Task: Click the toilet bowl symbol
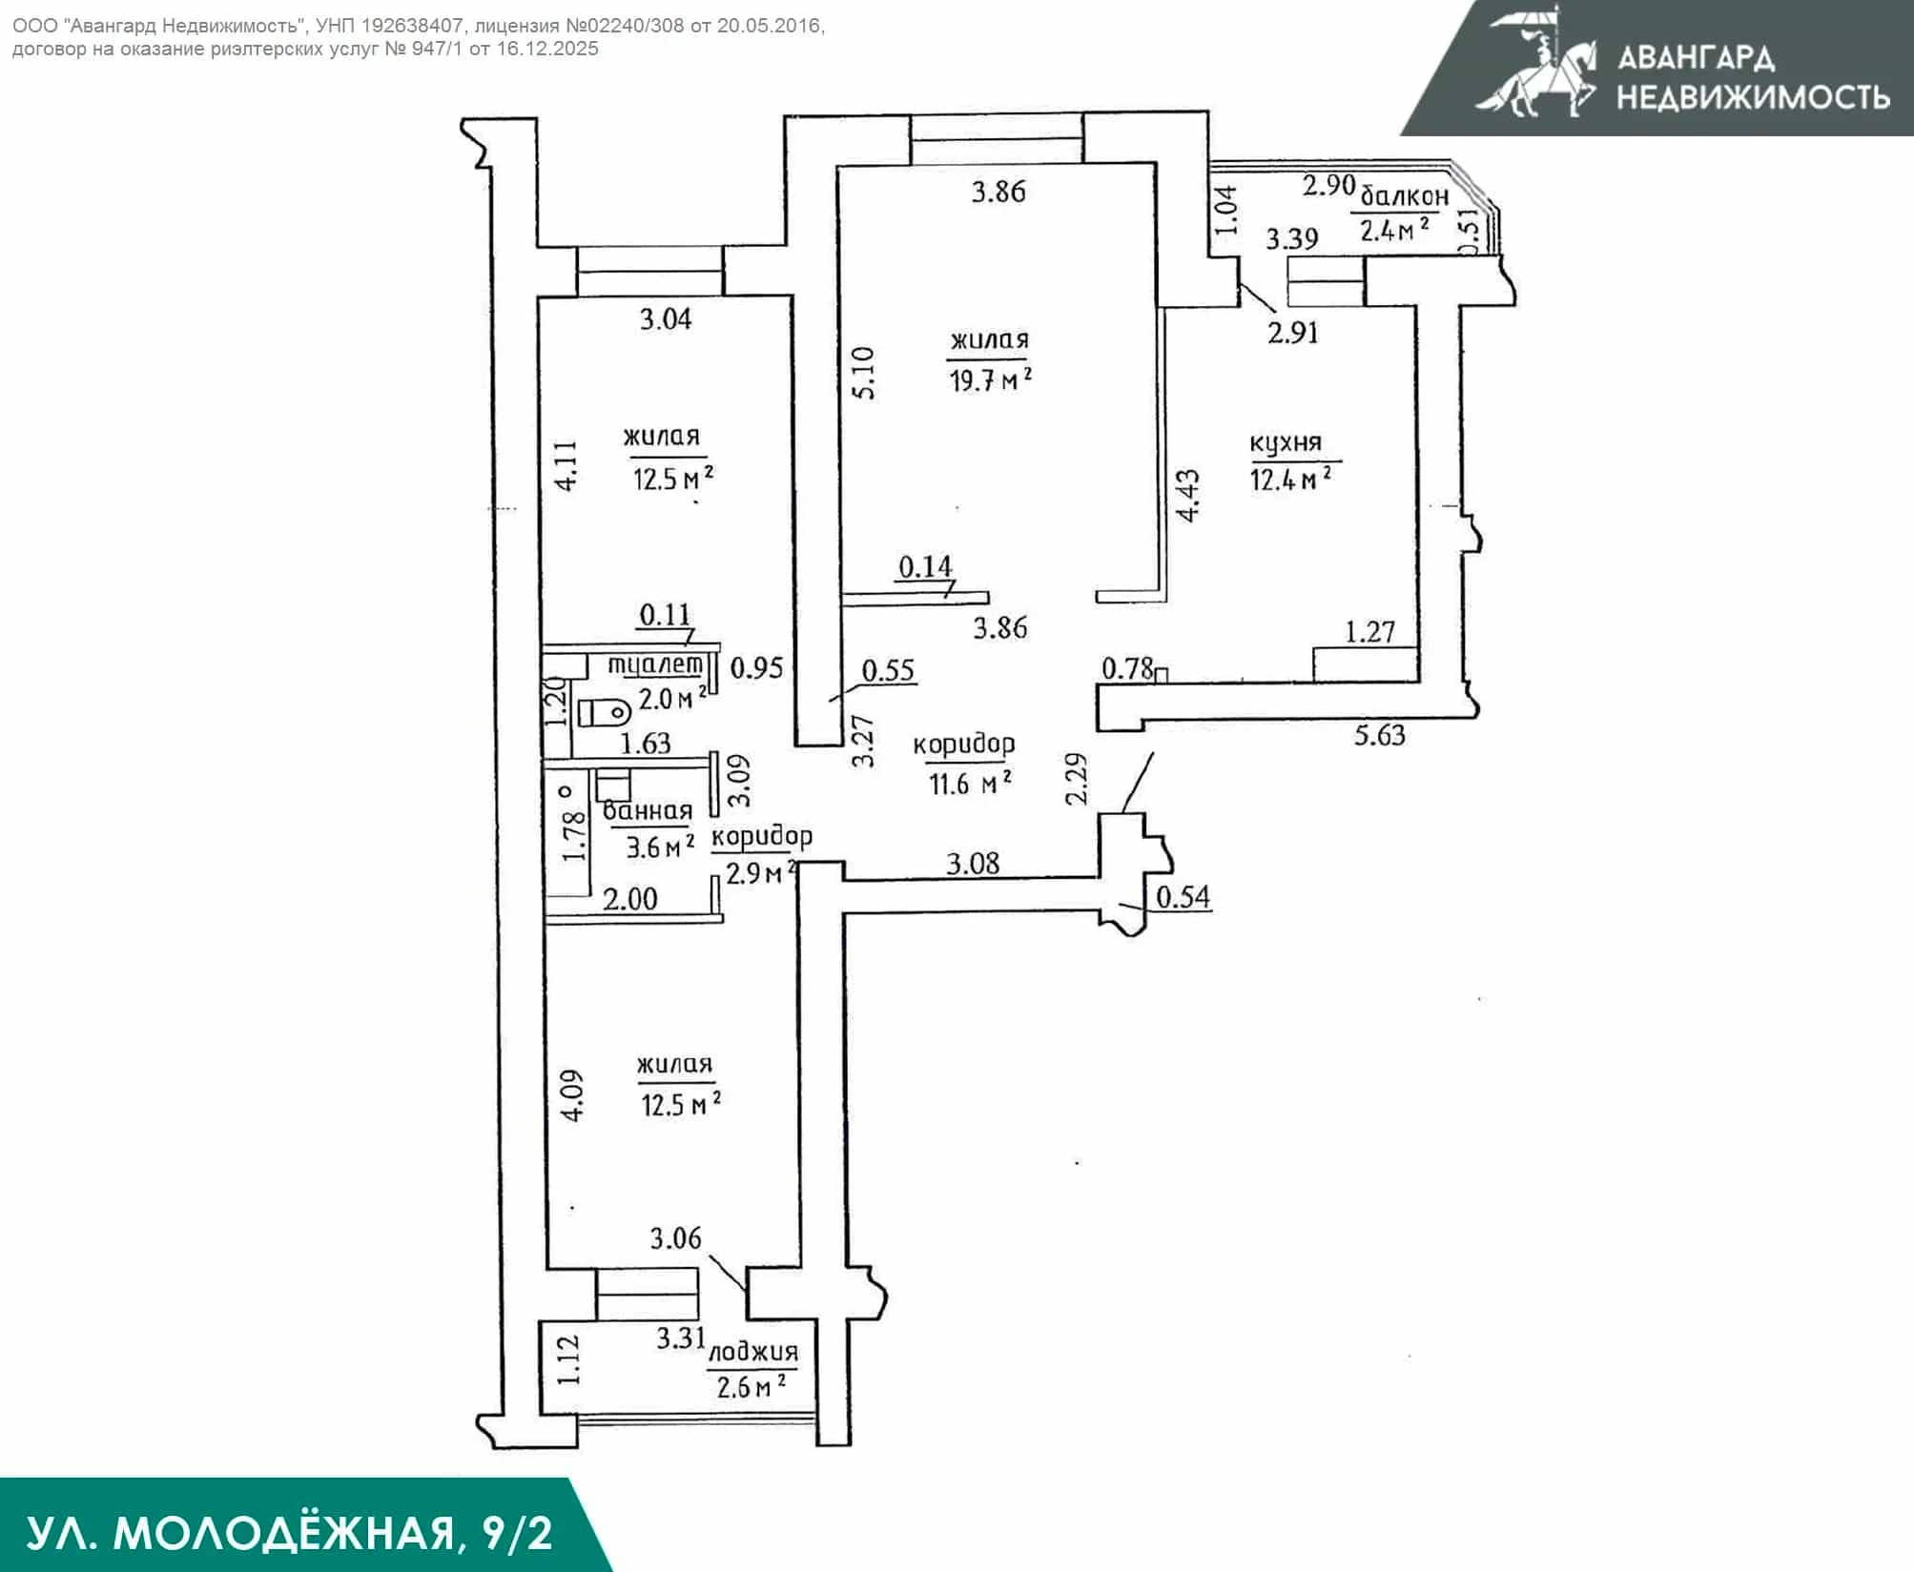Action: pyautogui.click(x=605, y=711)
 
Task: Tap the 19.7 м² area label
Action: pyautogui.click(x=990, y=380)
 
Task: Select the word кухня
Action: pyautogui.click(x=1286, y=443)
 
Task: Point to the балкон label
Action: pyautogui.click(x=1404, y=196)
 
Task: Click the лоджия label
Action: pyautogui.click(x=753, y=1353)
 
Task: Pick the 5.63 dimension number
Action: pyautogui.click(x=1380, y=735)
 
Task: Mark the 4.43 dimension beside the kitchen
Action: pyautogui.click(x=1188, y=495)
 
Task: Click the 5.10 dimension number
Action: pyautogui.click(x=863, y=373)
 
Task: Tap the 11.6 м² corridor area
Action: pyautogui.click(x=970, y=784)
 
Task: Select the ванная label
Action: pyautogui.click(x=648, y=811)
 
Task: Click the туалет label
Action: pyautogui.click(x=656, y=664)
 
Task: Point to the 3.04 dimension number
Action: pyautogui.click(x=666, y=318)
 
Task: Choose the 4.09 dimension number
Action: pyautogui.click(x=573, y=1095)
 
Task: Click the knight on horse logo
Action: pyautogui.click(x=1535, y=62)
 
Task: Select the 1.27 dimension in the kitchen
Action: pyautogui.click(x=1370, y=631)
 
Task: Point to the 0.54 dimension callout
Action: pyautogui.click(x=1183, y=896)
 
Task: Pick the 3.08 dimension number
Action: pyautogui.click(x=973, y=864)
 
